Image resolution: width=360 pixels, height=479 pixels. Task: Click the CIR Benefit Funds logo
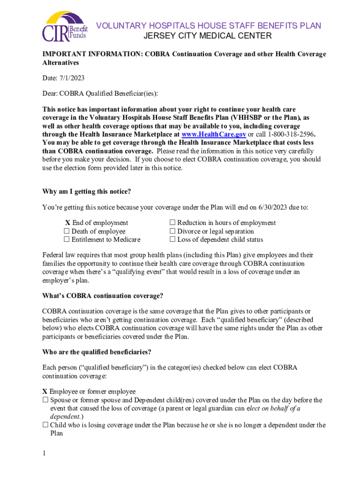pyautogui.click(x=65, y=27)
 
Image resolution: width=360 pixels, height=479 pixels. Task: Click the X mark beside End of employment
pyautogui.click(x=67, y=223)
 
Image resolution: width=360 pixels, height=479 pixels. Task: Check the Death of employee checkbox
pyautogui.click(x=66, y=232)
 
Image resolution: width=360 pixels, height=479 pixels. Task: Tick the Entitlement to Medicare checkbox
pyautogui.click(x=66, y=240)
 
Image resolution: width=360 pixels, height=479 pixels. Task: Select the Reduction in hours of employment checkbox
pyautogui.click(x=172, y=223)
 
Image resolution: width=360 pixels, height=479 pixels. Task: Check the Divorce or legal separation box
pyautogui.click(x=172, y=232)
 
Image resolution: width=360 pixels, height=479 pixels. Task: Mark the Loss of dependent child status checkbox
pyautogui.click(x=172, y=240)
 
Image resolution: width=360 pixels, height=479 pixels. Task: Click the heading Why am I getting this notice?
pyautogui.click(x=86, y=191)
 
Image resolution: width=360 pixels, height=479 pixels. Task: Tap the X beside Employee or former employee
pyautogui.click(x=45, y=392)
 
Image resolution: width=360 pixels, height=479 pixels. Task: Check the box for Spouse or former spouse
pyautogui.click(x=45, y=400)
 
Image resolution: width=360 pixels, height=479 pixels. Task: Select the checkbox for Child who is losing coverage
pyautogui.click(x=45, y=426)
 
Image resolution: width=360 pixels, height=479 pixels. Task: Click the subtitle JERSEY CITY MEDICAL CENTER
pyautogui.click(x=207, y=36)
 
